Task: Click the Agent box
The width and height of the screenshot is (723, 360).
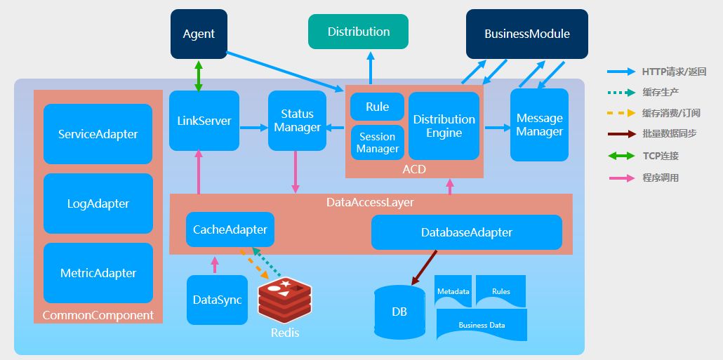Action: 199,34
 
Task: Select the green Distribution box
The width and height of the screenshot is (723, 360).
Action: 358,32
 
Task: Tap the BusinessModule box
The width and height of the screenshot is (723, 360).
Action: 526,34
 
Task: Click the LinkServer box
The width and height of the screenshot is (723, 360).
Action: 204,121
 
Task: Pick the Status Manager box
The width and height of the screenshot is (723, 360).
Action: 297,121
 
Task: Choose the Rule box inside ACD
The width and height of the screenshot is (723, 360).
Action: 377,107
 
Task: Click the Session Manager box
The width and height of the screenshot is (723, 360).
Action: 377,142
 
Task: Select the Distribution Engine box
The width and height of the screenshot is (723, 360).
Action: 444,126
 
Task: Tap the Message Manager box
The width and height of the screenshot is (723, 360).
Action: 539,125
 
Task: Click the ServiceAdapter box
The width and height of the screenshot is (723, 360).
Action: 98,134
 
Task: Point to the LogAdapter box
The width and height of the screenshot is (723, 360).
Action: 98,204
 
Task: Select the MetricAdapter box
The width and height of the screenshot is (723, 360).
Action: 98,273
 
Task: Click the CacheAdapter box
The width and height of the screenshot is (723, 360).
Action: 230,229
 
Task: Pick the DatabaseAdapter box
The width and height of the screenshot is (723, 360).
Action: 466,232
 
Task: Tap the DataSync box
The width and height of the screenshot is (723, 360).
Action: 217,300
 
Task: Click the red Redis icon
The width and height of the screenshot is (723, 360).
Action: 284,300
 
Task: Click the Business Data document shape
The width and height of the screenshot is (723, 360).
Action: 482,325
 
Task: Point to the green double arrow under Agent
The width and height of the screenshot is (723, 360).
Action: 199,75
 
